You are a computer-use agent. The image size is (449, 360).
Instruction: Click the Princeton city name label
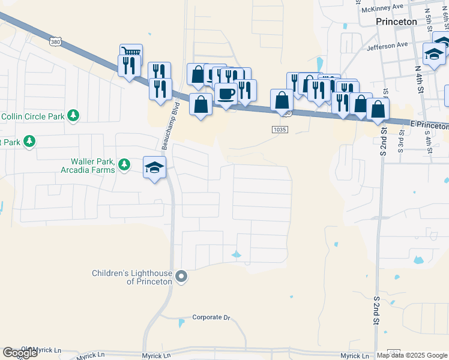pyautogui.click(x=396, y=21)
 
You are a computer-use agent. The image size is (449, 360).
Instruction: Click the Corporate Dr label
pyautogui.click(x=211, y=317)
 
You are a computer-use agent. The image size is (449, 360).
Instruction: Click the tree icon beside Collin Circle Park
pyautogui.click(x=73, y=115)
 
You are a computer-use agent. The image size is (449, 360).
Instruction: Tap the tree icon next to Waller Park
pyautogui.click(x=124, y=164)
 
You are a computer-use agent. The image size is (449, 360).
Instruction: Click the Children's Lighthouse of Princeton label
pyautogui.click(x=132, y=277)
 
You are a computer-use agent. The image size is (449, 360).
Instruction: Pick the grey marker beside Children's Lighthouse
pyautogui.click(x=182, y=277)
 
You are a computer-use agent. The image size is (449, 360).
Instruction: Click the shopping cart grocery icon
pyautogui.click(x=131, y=53)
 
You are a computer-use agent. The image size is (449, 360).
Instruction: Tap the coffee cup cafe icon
pyautogui.click(x=226, y=94)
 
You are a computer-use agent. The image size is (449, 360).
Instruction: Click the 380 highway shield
pyautogui.click(x=56, y=42)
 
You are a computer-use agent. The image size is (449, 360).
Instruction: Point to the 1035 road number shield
pyautogui.click(x=280, y=129)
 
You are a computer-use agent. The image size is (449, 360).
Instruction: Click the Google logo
pyautogui.click(x=20, y=353)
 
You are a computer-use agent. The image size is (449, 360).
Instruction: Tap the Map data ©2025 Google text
pyautogui.click(x=412, y=355)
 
